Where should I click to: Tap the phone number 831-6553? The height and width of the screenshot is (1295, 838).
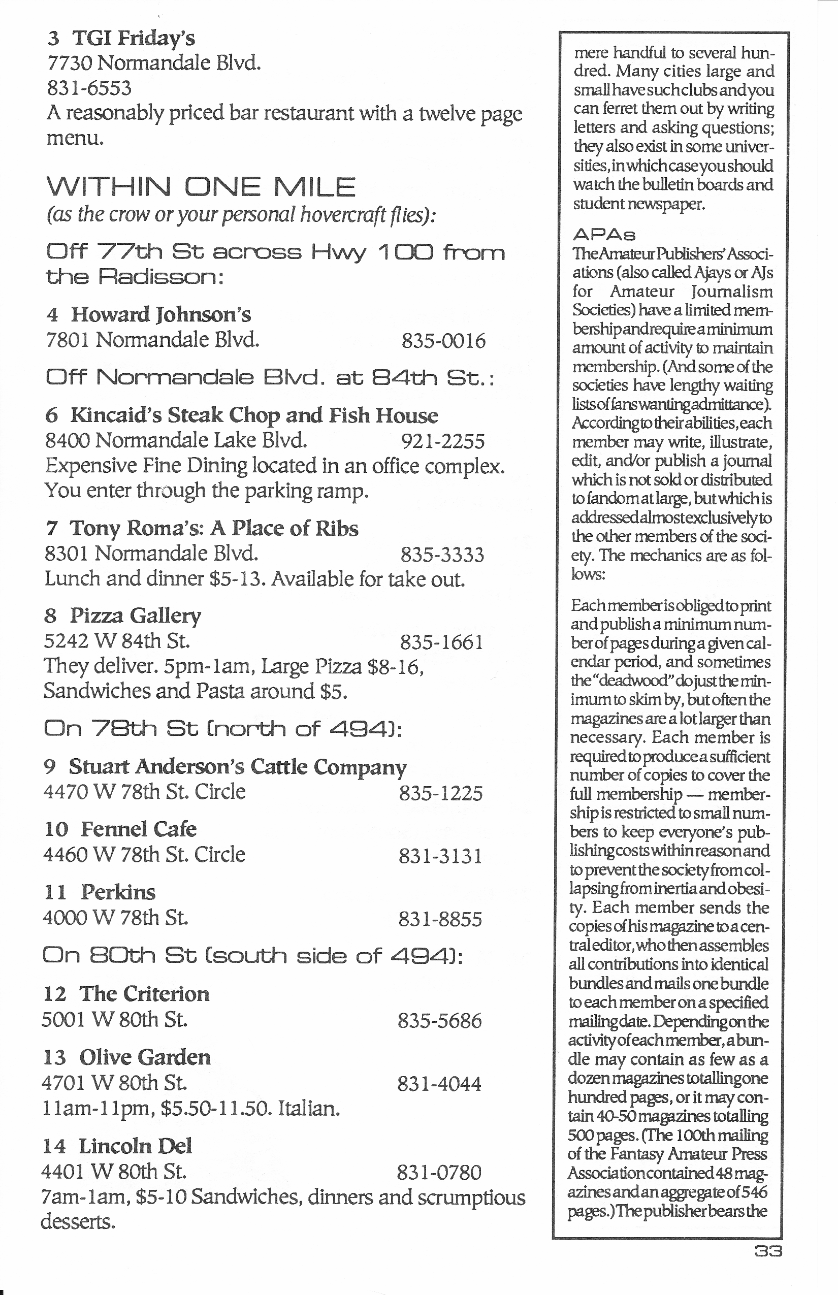click(89, 87)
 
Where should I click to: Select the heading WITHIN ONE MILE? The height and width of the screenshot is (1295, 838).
click(201, 187)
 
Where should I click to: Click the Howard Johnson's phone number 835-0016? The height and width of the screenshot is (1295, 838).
click(443, 341)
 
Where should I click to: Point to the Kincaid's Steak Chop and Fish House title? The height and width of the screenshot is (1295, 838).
click(253, 415)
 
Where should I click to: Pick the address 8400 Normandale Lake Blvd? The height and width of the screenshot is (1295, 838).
click(176, 440)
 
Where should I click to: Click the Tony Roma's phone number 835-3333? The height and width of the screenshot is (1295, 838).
click(442, 555)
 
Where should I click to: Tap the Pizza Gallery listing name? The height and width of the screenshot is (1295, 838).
click(135, 616)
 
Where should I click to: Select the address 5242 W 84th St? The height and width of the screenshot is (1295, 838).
click(117, 640)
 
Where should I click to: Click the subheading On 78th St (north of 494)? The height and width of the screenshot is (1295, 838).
click(222, 729)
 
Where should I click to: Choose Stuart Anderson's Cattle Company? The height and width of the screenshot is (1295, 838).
click(237, 767)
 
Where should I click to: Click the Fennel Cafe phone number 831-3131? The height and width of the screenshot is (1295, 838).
click(440, 856)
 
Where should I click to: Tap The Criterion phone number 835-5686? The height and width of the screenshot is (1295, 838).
click(439, 1021)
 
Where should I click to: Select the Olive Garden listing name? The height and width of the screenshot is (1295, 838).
click(144, 1057)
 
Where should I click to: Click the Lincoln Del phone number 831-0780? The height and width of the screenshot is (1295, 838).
click(439, 1172)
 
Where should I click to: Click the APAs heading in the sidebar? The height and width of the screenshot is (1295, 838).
click(604, 235)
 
